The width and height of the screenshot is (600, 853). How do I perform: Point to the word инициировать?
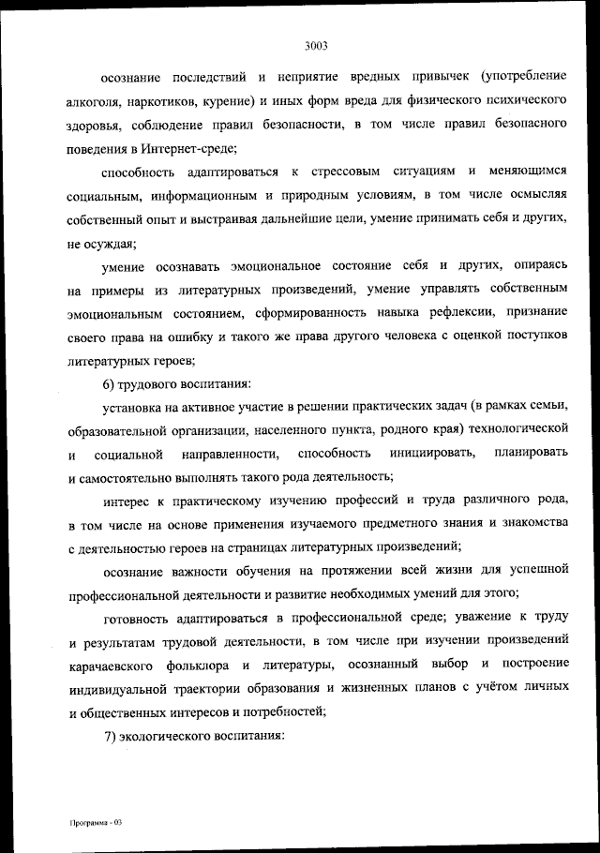[437, 454]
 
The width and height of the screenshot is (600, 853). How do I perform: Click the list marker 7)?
[111, 737]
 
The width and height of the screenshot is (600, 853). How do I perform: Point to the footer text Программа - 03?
[96, 822]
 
